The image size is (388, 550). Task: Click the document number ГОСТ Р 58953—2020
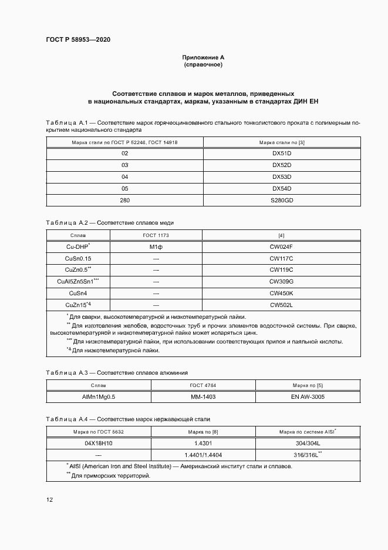(x=77, y=40)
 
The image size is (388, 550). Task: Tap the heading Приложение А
(x=203, y=57)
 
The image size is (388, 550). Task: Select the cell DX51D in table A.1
(x=281, y=153)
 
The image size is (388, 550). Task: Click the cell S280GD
(x=281, y=200)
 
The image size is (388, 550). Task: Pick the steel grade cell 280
(x=124, y=200)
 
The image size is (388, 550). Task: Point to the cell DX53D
(x=281, y=176)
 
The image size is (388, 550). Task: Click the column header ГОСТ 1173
(x=156, y=235)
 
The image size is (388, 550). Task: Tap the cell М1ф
(x=156, y=246)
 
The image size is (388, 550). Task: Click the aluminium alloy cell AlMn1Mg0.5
(x=99, y=396)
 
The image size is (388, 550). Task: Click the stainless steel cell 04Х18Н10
(x=98, y=443)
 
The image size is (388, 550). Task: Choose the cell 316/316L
(x=308, y=455)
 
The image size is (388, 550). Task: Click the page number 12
(x=49, y=500)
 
